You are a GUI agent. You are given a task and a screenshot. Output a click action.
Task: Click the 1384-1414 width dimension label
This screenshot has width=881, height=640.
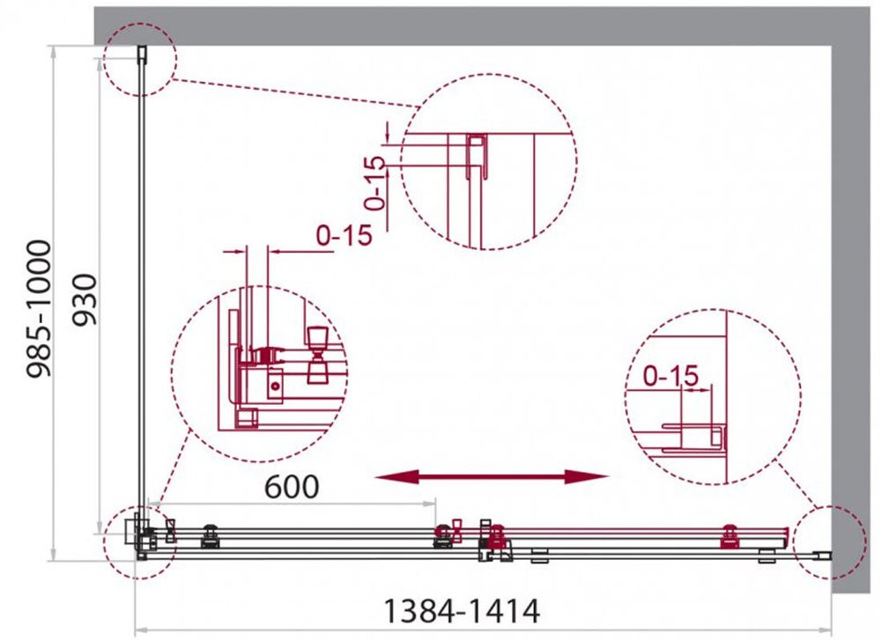coord(461,610)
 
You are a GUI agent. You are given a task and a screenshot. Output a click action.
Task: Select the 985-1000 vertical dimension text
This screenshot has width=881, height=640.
coord(40,308)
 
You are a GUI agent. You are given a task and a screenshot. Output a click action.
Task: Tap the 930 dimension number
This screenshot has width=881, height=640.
coord(86,300)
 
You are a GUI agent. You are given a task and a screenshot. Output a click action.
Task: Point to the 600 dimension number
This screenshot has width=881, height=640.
coord(292,486)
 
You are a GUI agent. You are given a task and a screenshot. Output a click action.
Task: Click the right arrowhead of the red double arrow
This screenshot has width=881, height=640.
coord(587,477)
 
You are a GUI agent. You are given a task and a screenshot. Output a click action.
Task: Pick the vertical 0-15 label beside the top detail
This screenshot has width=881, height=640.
coord(375,183)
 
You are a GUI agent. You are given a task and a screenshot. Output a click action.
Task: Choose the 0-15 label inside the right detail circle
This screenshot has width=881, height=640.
coord(670,376)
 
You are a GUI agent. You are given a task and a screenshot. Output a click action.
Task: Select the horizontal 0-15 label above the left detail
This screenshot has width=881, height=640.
coord(344,235)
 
